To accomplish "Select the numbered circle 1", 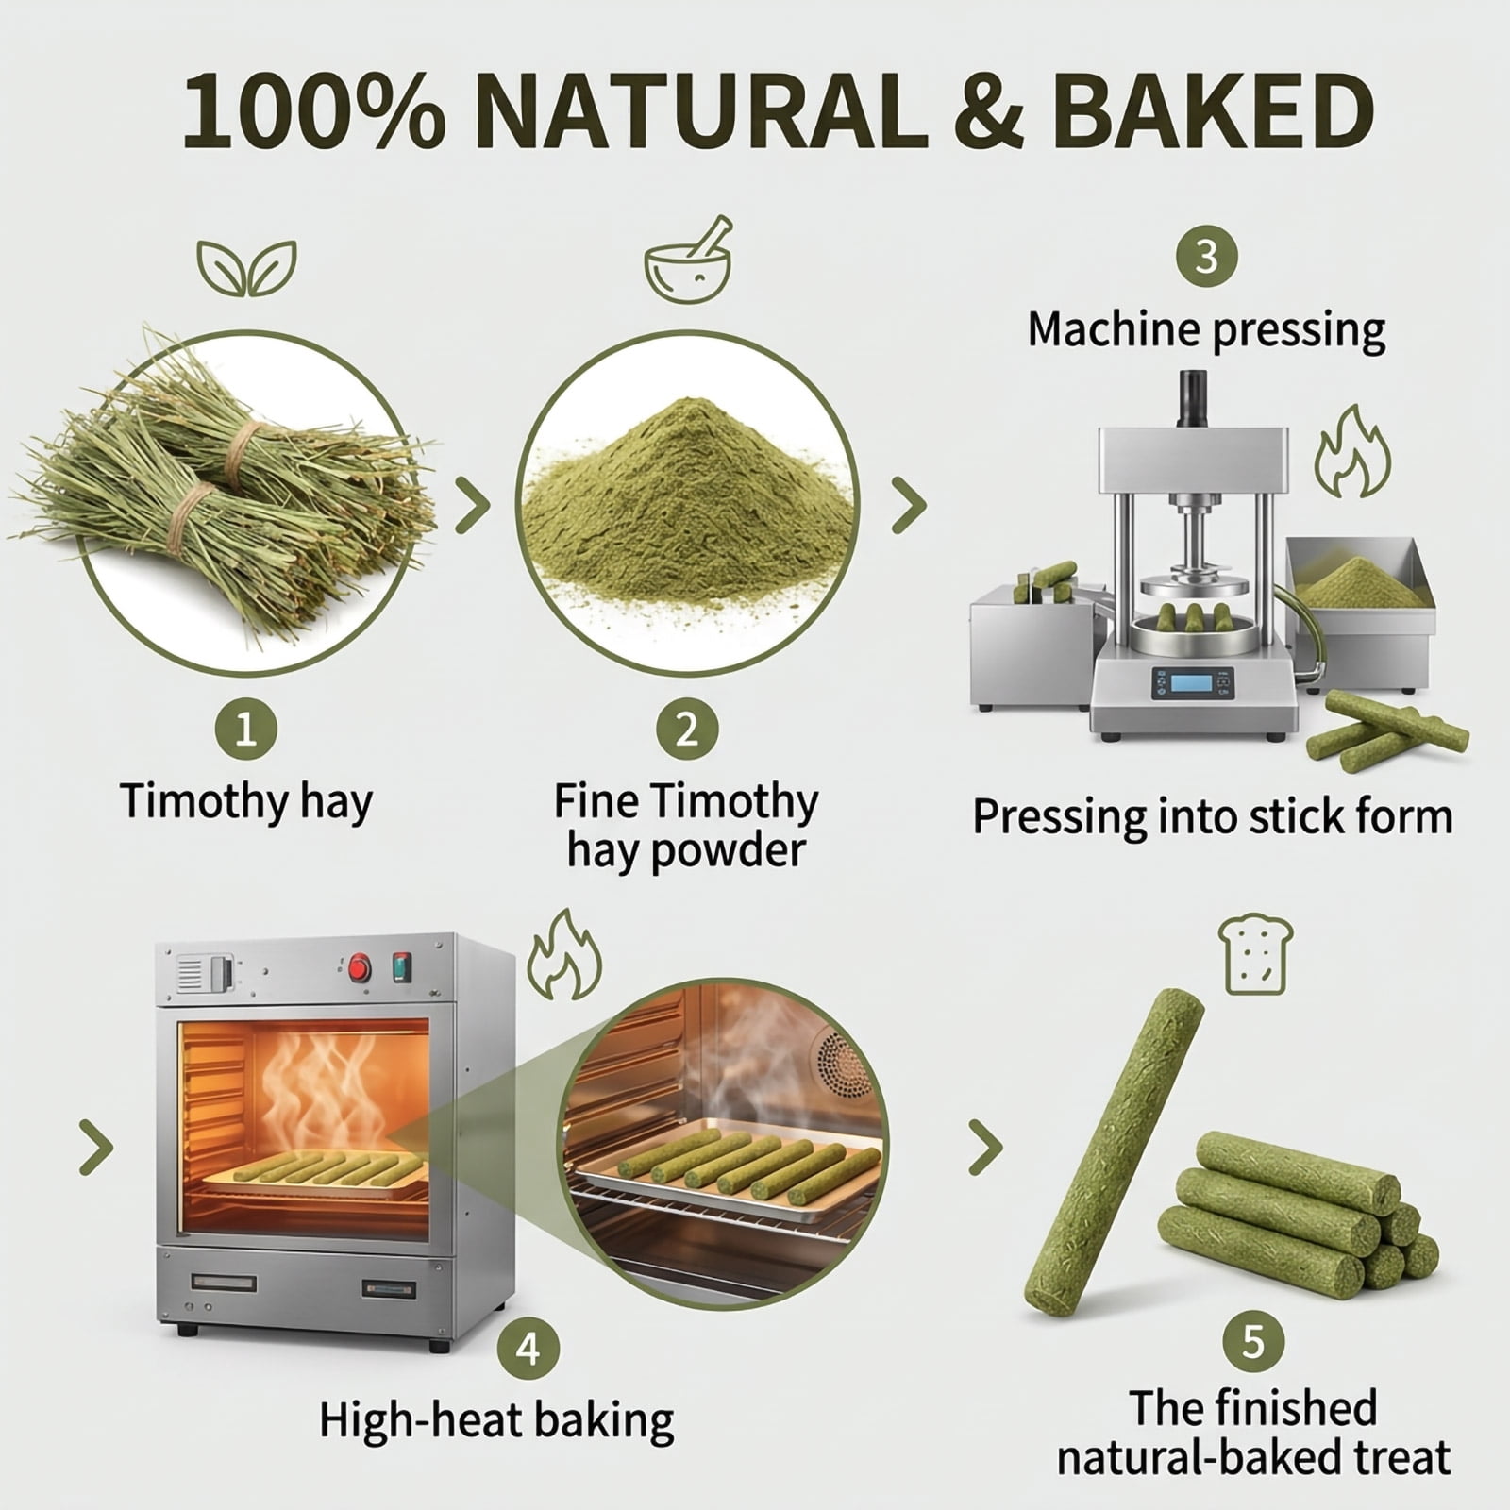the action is coord(245,730).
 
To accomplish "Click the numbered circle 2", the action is coord(687,730).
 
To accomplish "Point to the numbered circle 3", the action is coord(1206,256).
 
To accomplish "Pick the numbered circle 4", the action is coord(528,1349).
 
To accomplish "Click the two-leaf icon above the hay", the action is coord(246,267).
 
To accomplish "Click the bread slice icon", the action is coord(1254,956).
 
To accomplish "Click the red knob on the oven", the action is coord(359,968).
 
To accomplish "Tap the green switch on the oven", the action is coord(403,966).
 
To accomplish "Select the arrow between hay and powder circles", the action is coord(473,505).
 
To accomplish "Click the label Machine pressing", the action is coord(1206,330).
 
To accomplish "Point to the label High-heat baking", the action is coord(496,1421).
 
